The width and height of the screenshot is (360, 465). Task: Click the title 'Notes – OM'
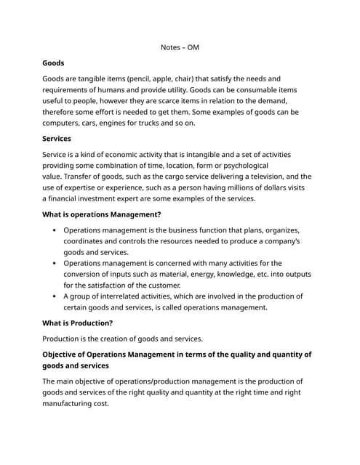pyautogui.click(x=180, y=47)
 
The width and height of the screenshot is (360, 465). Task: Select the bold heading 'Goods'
pyautogui.click(x=53, y=63)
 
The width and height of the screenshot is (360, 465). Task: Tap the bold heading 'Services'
pyautogui.click(x=57, y=138)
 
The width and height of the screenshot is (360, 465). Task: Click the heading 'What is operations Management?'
pyautogui.click(x=102, y=214)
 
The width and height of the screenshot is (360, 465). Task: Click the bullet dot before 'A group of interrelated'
pyautogui.click(x=55, y=296)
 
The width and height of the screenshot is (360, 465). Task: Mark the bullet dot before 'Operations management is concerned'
pyautogui.click(x=55, y=263)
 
